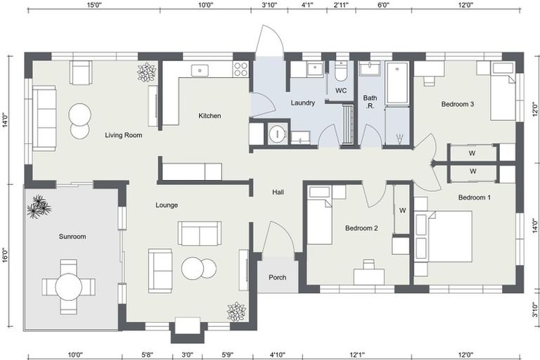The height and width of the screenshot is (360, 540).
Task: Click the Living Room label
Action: coord(124,135)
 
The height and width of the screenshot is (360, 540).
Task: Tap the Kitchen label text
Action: coord(210,116)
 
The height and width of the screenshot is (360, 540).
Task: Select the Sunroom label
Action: coord(72,237)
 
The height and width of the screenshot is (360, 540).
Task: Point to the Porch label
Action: coord(278,277)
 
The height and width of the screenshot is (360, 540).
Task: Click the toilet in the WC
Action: coord(340,72)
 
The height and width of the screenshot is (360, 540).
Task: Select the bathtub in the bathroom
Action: coord(397,83)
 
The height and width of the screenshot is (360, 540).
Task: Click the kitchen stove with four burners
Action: coord(240,69)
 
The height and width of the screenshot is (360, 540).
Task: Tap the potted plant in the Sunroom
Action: coord(38,207)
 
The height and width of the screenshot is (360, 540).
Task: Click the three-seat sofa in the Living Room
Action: coord(44,118)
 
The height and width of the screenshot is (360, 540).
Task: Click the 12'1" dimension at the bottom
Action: coord(357,354)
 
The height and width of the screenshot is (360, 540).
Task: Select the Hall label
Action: coord(278,191)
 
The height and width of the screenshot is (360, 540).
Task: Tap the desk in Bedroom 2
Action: coord(368,276)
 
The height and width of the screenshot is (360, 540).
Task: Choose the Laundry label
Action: coord(302,103)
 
